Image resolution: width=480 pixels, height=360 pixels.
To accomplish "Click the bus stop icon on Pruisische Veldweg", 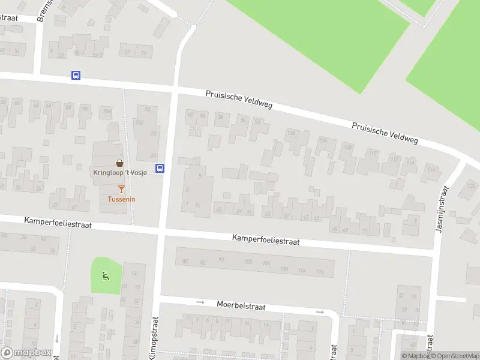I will click(x=76, y=76).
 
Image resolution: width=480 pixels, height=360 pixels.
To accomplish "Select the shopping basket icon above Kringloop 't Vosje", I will click(x=120, y=163).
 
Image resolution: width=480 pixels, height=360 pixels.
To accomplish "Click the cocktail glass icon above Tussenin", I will click(x=121, y=190).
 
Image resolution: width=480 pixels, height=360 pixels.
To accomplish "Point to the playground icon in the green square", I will click(x=106, y=276).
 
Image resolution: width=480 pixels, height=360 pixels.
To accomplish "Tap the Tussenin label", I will click(x=121, y=199).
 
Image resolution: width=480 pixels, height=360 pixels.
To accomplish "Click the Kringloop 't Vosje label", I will click(x=120, y=173).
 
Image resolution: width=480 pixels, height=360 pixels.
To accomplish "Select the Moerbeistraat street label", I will click(x=241, y=305).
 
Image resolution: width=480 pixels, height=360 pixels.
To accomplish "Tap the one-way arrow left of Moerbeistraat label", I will click(x=200, y=302).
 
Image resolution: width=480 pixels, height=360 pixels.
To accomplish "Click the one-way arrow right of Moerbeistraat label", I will click(x=320, y=312).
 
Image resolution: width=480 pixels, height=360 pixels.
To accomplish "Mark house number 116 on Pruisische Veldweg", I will click(x=431, y=170).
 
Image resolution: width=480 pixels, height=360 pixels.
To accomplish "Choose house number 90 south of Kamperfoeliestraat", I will click(x=221, y=259).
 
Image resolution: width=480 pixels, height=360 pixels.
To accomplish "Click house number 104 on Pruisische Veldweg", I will click(x=323, y=140).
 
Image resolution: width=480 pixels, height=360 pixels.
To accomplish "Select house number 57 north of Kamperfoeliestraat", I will click(x=286, y=215).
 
